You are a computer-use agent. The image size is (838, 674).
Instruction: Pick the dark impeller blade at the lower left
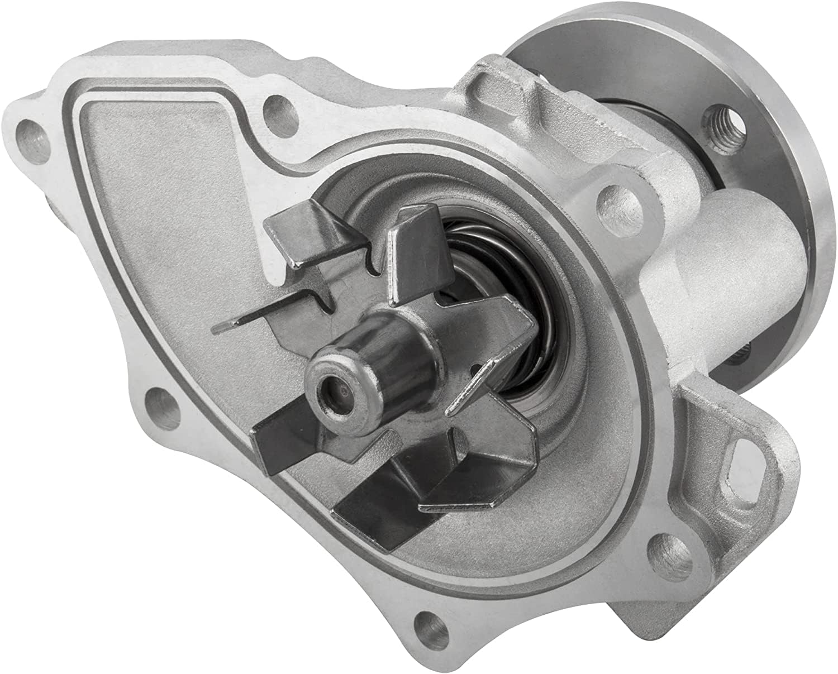tap(291, 441)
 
